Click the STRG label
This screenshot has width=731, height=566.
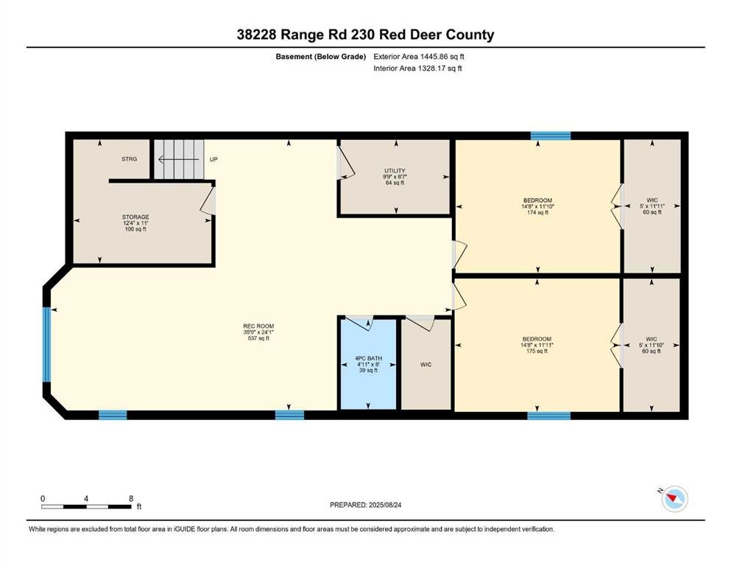tap(129, 159)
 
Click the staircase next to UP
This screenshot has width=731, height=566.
tap(180, 159)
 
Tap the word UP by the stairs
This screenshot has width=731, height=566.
tap(213, 159)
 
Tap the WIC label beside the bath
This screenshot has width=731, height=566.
tap(425, 364)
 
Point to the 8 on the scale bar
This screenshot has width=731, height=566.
tap(131, 498)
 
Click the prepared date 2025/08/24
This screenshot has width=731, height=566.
tap(384, 505)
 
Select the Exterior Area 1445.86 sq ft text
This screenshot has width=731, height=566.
tap(419, 57)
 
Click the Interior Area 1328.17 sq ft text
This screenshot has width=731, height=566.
tap(417, 68)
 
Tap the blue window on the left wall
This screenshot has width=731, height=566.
tap(46, 344)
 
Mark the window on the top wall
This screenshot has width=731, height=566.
tap(551, 136)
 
